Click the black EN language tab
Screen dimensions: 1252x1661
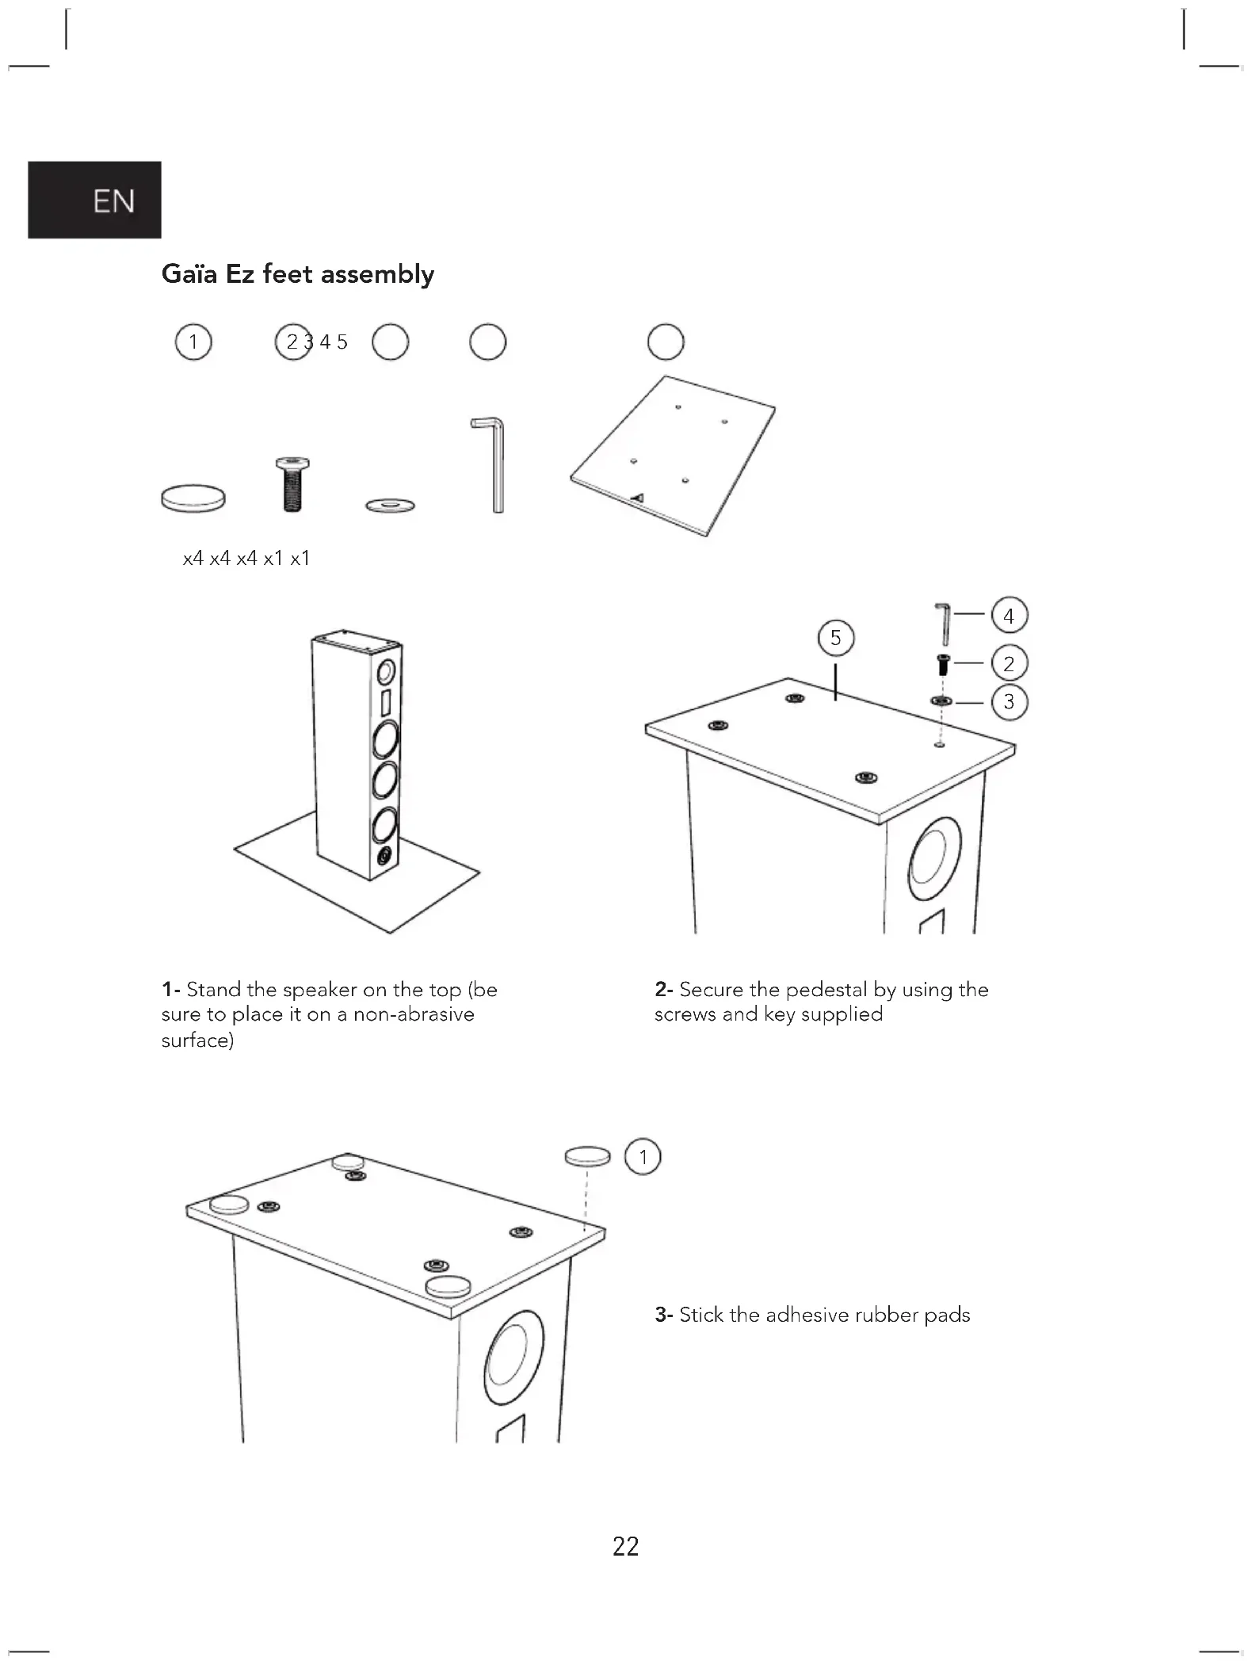(x=94, y=200)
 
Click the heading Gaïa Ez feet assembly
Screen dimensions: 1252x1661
(x=298, y=274)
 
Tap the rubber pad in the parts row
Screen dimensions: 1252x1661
(x=193, y=498)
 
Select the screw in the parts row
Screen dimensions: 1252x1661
(x=292, y=485)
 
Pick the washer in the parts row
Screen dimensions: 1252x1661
(x=391, y=505)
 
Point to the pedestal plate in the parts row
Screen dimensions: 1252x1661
(x=672, y=456)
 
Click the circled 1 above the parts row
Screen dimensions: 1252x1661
(x=193, y=342)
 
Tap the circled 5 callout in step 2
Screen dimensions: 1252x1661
(x=836, y=638)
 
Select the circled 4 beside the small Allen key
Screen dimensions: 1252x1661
(x=1009, y=616)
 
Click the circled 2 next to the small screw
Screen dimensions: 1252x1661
(x=1009, y=663)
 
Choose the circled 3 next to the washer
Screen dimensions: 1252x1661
(x=1009, y=701)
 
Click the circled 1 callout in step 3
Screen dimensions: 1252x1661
(x=643, y=1157)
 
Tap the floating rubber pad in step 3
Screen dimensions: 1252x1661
(x=588, y=1156)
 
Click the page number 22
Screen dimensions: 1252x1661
(x=626, y=1546)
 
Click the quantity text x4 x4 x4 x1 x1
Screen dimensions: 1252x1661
(x=246, y=559)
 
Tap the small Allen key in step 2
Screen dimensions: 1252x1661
(x=944, y=624)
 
